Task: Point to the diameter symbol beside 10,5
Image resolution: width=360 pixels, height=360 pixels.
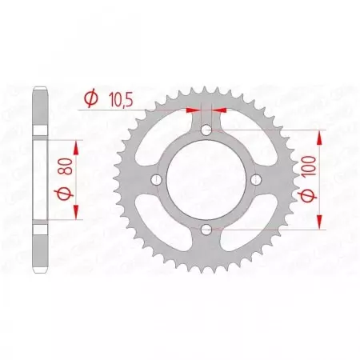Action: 90,98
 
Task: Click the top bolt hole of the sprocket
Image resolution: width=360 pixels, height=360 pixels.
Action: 207,130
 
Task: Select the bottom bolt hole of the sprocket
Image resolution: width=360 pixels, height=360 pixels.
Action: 207,230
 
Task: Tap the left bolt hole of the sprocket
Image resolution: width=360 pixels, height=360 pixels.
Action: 157,180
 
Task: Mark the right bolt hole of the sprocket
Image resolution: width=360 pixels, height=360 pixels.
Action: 258,180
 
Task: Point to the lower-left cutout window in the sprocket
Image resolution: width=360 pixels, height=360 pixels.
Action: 164,223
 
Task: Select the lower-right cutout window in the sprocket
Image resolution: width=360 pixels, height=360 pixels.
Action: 250,223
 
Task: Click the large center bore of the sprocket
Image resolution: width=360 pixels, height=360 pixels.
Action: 207,180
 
